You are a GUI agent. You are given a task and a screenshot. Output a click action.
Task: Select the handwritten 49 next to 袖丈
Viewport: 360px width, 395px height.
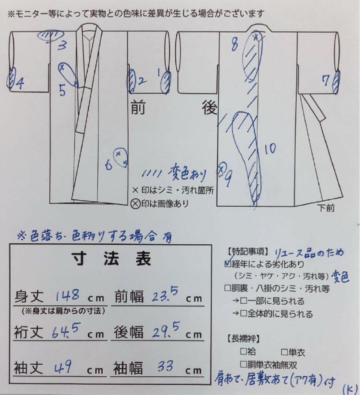[67, 366]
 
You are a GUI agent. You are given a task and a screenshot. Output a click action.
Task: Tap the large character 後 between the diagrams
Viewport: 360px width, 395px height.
[209, 108]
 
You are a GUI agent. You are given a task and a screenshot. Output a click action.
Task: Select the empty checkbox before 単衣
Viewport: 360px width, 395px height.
[284, 352]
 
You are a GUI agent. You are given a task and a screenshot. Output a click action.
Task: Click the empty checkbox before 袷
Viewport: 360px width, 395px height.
[243, 352]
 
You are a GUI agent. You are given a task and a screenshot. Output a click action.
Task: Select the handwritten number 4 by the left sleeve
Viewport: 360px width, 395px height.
[20, 84]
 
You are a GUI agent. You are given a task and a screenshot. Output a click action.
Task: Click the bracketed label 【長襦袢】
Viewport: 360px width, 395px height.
[243, 338]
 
